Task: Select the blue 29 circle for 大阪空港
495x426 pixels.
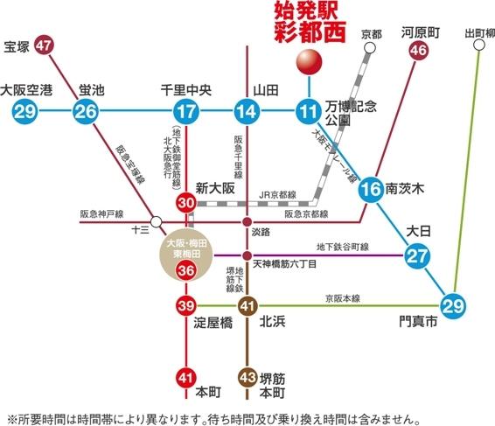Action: click(24, 110)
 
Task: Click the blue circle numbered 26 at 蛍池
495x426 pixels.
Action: click(86, 110)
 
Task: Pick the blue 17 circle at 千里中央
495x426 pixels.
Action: click(185, 110)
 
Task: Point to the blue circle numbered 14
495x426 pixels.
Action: click(247, 110)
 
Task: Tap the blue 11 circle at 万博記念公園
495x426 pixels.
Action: click(308, 110)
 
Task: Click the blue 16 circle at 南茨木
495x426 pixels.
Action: click(371, 188)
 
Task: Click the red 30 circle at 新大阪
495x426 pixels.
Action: click(185, 203)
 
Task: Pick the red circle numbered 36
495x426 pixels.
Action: click(185, 271)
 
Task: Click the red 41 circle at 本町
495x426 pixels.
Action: click(185, 378)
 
